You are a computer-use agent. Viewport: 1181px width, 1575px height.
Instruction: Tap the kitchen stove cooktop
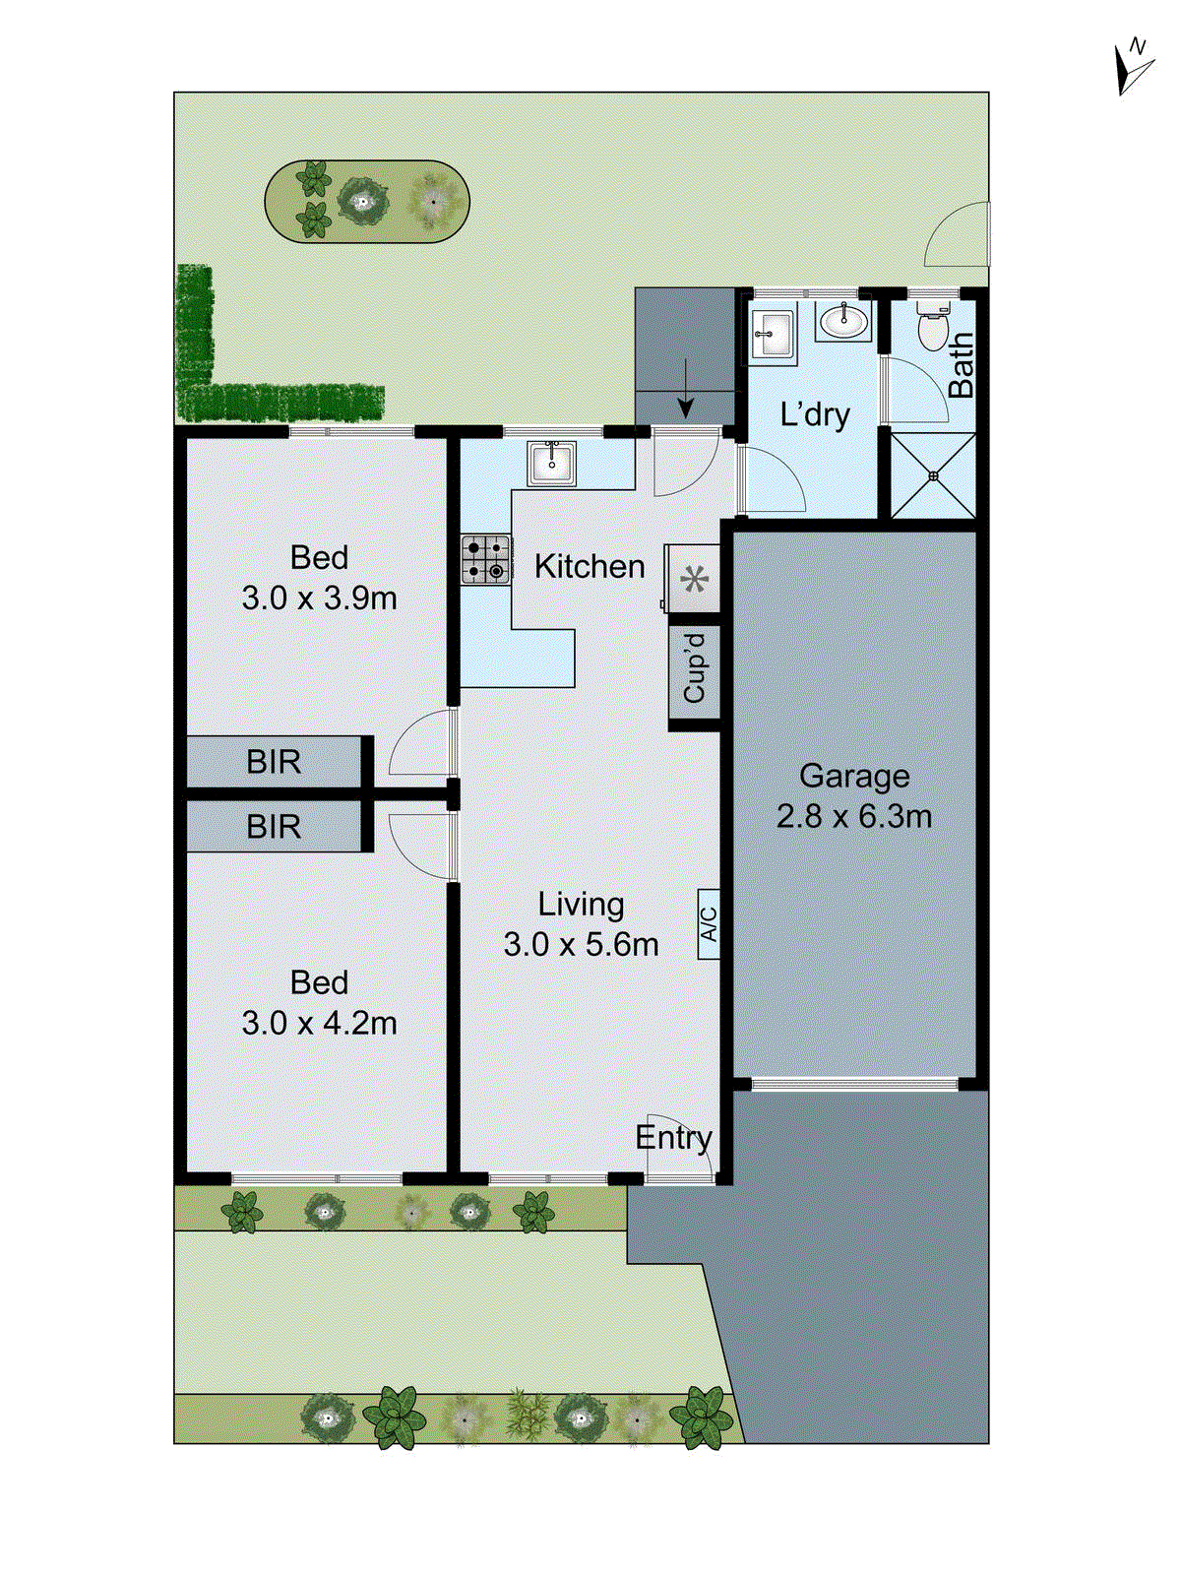tap(486, 559)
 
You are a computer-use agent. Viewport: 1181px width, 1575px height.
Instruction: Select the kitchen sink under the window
tap(552, 463)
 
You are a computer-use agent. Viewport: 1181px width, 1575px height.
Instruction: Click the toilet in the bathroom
tap(931, 327)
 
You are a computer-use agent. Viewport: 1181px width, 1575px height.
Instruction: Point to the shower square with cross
tap(933, 476)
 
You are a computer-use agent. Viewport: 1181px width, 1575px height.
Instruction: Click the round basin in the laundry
tap(843, 321)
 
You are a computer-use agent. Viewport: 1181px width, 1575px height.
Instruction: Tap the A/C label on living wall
tap(709, 923)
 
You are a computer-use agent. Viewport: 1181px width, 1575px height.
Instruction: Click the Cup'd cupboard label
tap(695, 667)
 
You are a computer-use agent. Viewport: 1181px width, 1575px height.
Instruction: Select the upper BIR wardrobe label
tap(274, 762)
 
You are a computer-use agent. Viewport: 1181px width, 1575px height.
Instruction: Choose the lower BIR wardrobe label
tap(274, 827)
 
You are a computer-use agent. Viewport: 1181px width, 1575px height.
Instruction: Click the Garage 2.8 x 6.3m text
tap(853, 795)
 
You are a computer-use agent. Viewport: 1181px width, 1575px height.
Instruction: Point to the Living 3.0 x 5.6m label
tap(581, 924)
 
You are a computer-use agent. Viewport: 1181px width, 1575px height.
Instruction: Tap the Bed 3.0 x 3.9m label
tap(319, 578)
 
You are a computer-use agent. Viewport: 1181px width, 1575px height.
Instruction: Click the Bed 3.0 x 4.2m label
tap(319, 1003)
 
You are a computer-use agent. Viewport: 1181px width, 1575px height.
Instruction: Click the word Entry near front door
tap(673, 1138)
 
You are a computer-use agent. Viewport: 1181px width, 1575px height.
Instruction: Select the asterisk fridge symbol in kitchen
tap(695, 580)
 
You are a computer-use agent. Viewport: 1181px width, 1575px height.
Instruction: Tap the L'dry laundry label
tap(814, 414)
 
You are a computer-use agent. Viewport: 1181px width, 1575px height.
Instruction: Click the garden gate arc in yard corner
tap(957, 234)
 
